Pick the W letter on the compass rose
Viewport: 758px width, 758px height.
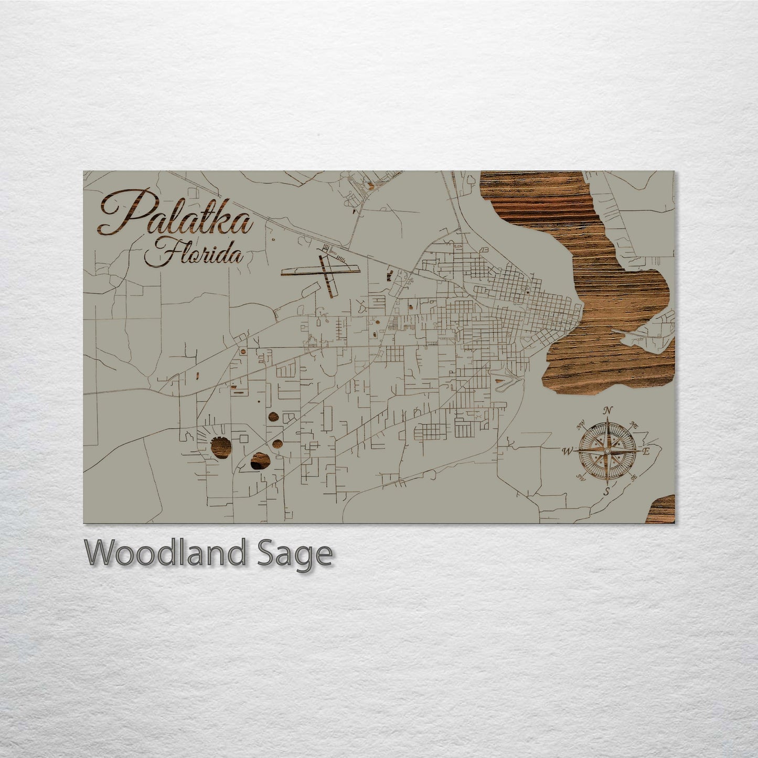[x=568, y=451]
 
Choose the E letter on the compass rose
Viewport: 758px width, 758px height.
[x=646, y=451]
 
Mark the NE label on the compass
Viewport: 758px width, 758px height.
[x=633, y=424]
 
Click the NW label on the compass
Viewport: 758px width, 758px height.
[x=581, y=424]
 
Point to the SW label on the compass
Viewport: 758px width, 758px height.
[x=581, y=477]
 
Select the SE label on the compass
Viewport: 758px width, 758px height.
[x=633, y=477]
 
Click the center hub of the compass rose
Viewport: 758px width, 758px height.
[x=607, y=451]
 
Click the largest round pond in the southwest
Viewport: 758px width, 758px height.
[x=221, y=448]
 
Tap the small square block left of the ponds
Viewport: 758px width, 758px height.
[x=242, y=436]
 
